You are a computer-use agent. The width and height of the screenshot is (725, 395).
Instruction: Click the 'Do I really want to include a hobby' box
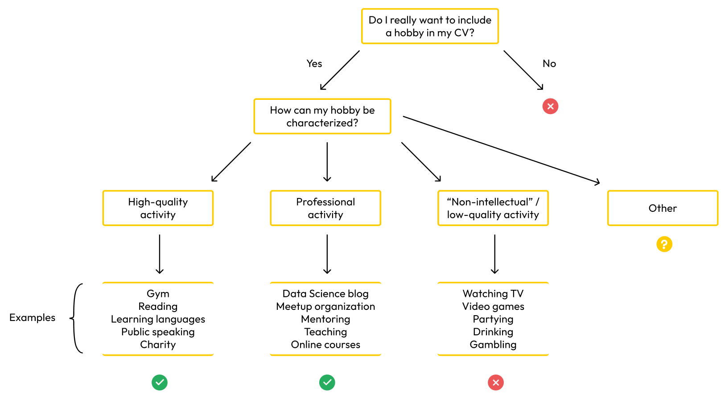click(x=430, y=26)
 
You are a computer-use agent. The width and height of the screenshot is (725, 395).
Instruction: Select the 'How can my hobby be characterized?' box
click(x=322, y=116)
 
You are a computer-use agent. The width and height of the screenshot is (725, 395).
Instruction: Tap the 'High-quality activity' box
click(x=158, y=208)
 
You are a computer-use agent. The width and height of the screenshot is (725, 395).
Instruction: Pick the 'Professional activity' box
click(x=325, y=208)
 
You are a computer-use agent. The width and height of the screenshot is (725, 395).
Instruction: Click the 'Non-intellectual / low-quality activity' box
click(x=493, y=208)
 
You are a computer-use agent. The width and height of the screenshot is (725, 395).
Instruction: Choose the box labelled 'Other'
click(x=663, y=208)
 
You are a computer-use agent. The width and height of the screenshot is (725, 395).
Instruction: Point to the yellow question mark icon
click(x=664, y=244)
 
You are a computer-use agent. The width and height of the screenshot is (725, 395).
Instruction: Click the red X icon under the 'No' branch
click(x=550, y=107)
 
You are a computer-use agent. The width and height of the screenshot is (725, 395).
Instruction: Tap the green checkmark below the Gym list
click(x=160, y=383)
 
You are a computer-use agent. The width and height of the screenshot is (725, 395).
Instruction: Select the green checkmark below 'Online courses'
click(x=327, y=383)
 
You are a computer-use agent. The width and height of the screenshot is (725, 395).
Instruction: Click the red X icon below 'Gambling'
click(x=496, y=383)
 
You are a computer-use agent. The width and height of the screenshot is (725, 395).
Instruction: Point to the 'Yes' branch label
click(x=314, y=63)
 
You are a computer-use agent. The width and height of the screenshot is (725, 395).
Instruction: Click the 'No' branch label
click(x=549, y=63)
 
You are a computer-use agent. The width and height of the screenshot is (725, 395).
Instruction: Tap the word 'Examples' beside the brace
click(x=33, y=318)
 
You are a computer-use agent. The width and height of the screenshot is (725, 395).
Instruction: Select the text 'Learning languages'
click(x=158, y=319)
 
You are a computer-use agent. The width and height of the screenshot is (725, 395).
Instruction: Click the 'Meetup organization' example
click(x=325, y=306)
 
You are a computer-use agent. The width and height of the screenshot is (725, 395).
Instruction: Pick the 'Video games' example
click(x=493, y=306)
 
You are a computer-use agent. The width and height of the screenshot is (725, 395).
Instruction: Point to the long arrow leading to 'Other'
click(x=501, y=150)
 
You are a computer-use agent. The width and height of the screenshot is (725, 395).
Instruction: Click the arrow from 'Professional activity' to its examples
click(x=327, y=254)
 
